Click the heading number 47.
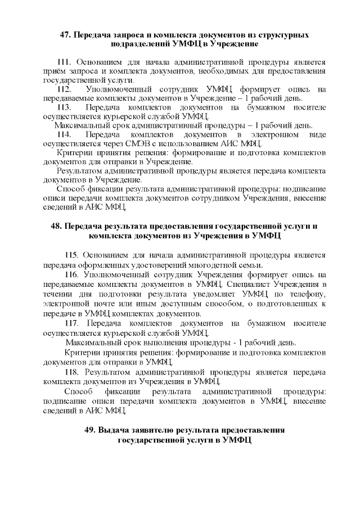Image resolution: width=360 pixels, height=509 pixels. pos(65,34)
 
